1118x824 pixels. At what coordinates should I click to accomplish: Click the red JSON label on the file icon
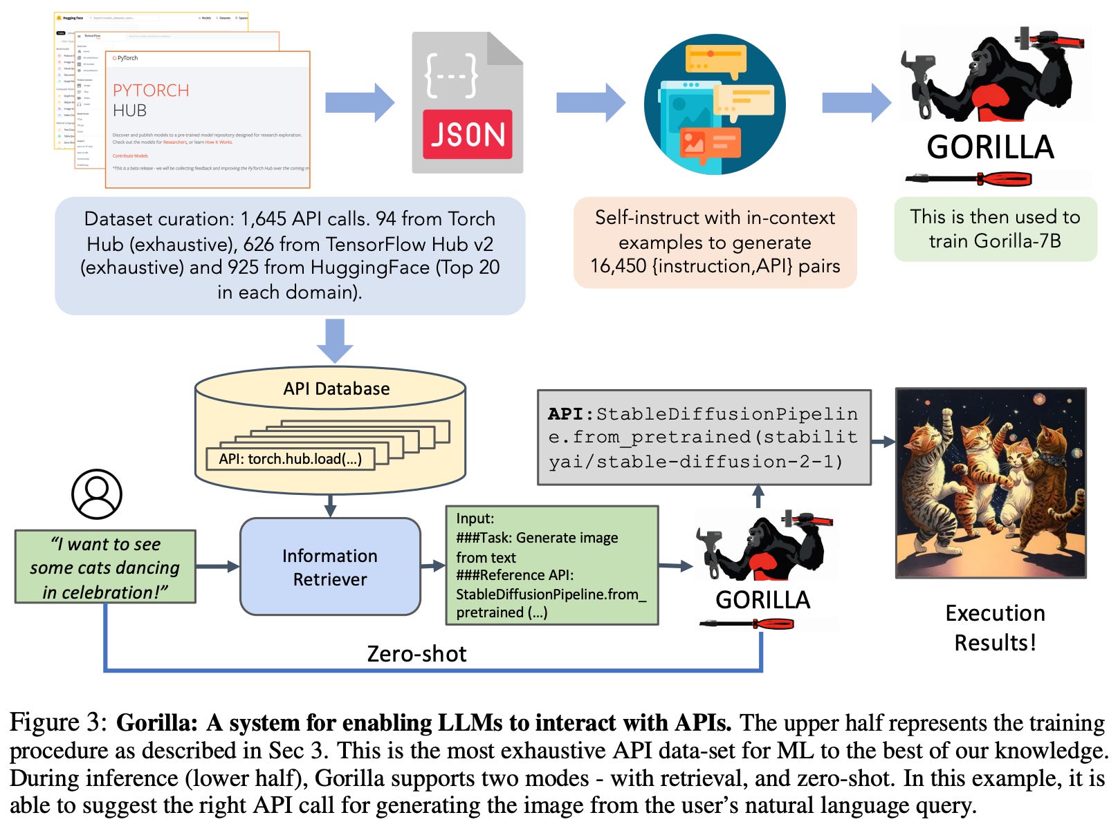click(467, 134)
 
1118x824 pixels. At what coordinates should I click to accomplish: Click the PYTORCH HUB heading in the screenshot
click(150, 100)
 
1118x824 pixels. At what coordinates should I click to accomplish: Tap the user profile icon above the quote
click(97, 494)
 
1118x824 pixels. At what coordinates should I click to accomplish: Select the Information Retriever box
click(330, 567)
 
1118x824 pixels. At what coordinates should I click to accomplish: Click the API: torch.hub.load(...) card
click(291, 459)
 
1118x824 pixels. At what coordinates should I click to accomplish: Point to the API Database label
click(336, 388)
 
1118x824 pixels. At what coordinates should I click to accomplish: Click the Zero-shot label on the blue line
click(416, 653)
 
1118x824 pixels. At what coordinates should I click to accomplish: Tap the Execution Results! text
click(995, 628)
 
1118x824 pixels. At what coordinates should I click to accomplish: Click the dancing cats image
click(991, 483)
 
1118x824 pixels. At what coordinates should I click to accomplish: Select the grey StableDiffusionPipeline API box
click(704, 438)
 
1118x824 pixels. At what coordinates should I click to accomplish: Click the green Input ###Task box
click(551, 565)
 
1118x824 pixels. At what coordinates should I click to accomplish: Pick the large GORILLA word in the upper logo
click(990, 147)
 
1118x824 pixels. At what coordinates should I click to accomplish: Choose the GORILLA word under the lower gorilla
click(762, 599)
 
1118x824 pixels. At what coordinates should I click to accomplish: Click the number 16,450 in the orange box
click(618, 266)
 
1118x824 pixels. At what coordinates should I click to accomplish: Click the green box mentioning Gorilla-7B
click(995, 229)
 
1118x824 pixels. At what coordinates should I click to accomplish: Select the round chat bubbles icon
click(715, 104)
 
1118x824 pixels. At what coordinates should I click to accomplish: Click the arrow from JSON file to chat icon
click(590, 103)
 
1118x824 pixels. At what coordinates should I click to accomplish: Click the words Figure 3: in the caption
click(59, 722)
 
